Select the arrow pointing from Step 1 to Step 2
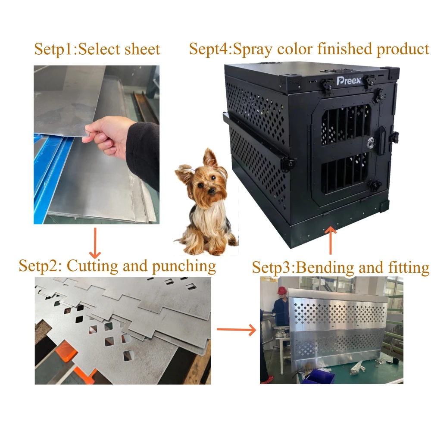coord(95,242)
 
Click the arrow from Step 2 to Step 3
coord(235,330)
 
